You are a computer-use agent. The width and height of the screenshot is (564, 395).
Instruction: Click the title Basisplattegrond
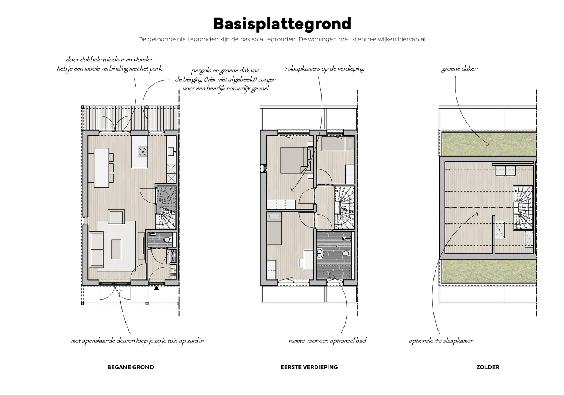click(282, 23)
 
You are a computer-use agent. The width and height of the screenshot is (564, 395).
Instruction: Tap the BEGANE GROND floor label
click(131, 367)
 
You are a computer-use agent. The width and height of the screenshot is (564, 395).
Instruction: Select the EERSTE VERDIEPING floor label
click(309, 367)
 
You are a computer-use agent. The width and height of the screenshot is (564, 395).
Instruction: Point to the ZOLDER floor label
click(487, 367)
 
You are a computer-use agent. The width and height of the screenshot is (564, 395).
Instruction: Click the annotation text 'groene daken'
click(459, 69)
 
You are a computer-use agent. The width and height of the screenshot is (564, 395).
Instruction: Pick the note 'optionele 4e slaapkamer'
click(440, 341)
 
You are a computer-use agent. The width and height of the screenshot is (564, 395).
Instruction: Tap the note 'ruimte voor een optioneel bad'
click(327, 341)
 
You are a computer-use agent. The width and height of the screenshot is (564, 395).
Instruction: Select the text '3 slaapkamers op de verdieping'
click(324, 69)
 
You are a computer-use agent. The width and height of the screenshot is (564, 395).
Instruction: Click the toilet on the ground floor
click(167, 240)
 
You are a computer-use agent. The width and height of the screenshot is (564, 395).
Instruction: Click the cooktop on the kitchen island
click(142, 151)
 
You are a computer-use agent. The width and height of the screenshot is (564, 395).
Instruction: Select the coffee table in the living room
click(116, 249)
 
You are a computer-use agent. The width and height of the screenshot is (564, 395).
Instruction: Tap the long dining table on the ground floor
click(102, 167)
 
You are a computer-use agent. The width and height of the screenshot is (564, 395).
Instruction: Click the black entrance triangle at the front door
click(157, 288)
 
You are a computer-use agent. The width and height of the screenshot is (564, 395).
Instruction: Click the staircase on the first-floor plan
click(344, 208)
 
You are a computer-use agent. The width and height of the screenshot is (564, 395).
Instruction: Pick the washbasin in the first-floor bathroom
click(319, 252)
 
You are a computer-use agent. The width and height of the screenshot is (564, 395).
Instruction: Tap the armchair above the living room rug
click(116, 217)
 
